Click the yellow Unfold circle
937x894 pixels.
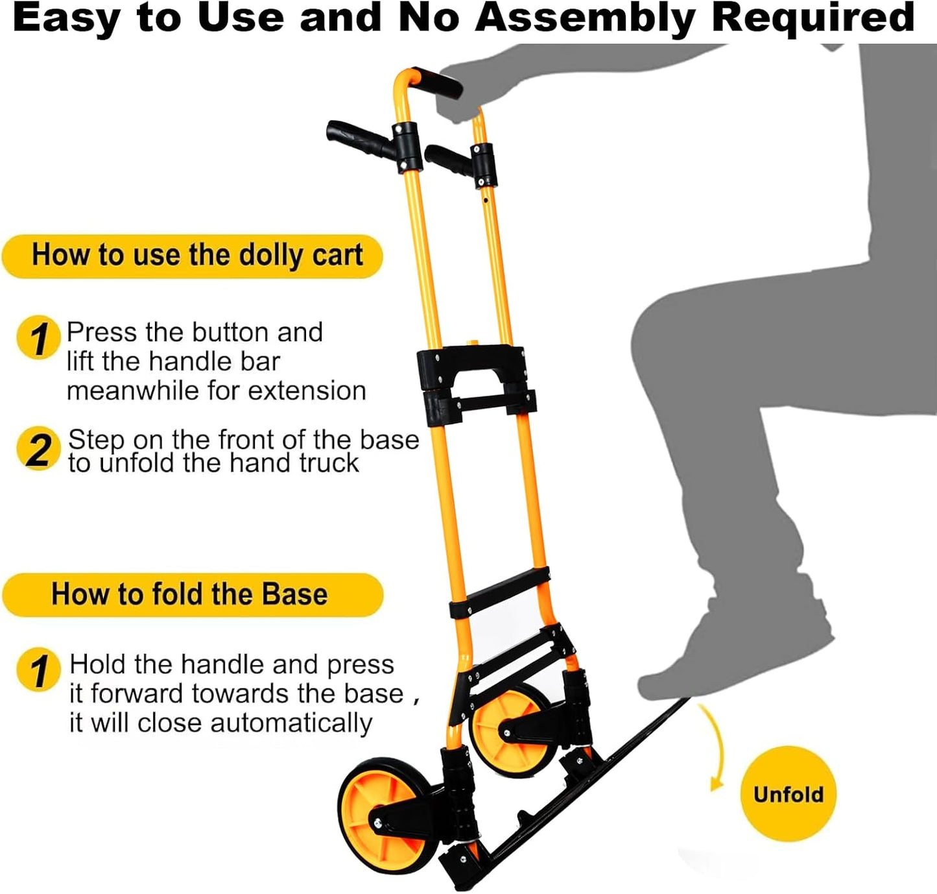(x=788, y=794)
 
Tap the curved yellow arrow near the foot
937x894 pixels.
(x=715, y=746)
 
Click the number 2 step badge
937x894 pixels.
(x=38, y=449)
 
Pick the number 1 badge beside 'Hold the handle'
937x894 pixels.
(x=38, y=670)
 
